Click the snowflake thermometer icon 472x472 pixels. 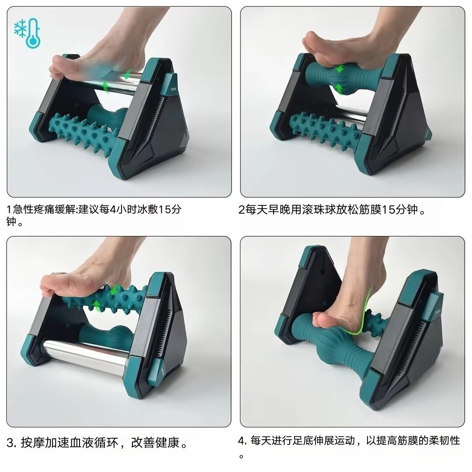(28, 33)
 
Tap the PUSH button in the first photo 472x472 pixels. (173, 87)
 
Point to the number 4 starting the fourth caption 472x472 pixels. (242, 440)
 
